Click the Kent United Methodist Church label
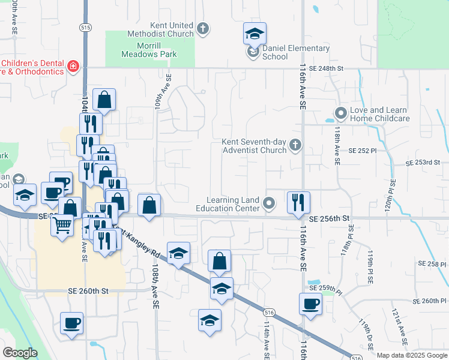click(160, 29)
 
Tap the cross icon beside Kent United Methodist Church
click(203, 28)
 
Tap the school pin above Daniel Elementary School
click(255, 34)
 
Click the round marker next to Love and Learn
click(341, 113)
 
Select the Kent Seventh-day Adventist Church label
click(253, 146)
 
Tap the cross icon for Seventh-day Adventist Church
click(295, 145)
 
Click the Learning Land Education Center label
click(234, 204)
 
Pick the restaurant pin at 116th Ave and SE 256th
click(298, 202)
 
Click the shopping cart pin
click(62, 226)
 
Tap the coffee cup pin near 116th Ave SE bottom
click(310, 304)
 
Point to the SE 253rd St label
click(423, 163)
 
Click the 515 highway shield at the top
click(85, 28)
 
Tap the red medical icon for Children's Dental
click(73, 66)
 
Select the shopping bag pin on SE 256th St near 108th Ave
click(149, 205)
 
